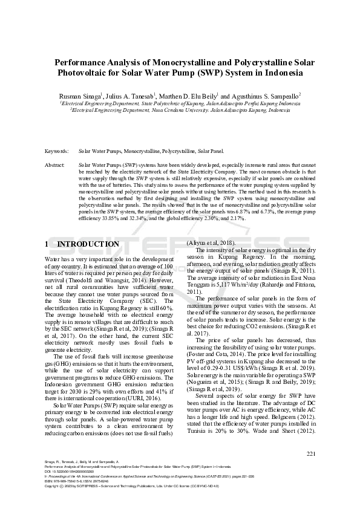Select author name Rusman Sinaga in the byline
80,96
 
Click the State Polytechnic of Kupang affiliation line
179,103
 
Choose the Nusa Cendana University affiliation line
179,111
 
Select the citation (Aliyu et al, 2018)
211,242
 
